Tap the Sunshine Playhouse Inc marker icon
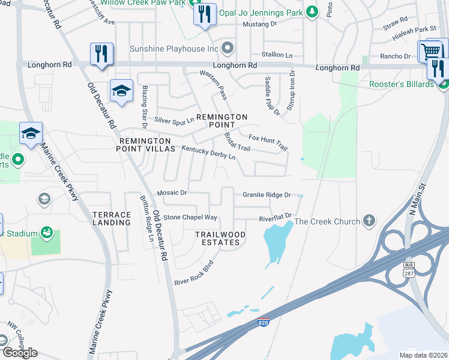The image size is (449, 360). click(x=228, y=48)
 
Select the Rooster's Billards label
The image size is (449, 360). click(x=402, y=84)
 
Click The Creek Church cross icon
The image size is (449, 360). click(x=369, y=221)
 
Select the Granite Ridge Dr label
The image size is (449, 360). click(x=267, y=195)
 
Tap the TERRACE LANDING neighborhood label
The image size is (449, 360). click(x=112, y=218)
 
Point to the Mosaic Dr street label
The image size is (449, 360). click(x=172, y=193)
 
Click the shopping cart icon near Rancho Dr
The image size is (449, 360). click(x=431, y=50)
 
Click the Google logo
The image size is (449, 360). click(x=20, y=353)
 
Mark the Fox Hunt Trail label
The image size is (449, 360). click(x=268, y=141)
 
